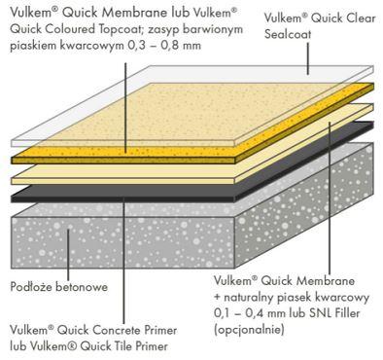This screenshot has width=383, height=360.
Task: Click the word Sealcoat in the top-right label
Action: click(288, 34)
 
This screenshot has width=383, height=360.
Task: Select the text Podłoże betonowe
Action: click(59, 287)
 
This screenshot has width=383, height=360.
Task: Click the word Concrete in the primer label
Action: click(114, 331)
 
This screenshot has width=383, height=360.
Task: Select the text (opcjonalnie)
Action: click(249, 330)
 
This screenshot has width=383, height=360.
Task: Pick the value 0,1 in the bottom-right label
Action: click(223, 313)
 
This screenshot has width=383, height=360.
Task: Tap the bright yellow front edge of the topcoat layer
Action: click(123, 161)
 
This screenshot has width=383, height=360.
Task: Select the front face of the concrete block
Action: click(122, 242)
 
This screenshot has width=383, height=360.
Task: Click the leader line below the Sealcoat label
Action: click(308, 58)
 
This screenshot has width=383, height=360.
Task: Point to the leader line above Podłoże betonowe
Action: click(68, 254)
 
